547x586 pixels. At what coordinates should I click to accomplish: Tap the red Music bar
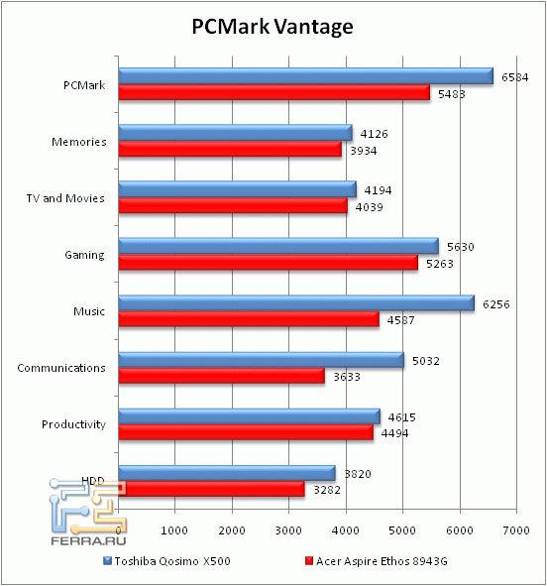[x=248, y=319]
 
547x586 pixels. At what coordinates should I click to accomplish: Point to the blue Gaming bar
[x=277, y=246]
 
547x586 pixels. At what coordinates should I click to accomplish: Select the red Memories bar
[x=229, y=149]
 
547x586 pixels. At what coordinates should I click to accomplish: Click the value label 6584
[x=515, y=77]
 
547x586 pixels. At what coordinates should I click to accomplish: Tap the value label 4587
[x=398, y=320]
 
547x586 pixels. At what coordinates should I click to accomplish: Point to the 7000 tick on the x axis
[x=515, y=533]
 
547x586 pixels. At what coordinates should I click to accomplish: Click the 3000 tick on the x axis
[x=288, y=533]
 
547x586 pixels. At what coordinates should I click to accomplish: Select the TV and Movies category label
[x=66, y=198]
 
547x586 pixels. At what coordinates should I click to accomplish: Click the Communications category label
[x=61, y=368]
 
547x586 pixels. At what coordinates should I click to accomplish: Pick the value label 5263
[x=437, y=264]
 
